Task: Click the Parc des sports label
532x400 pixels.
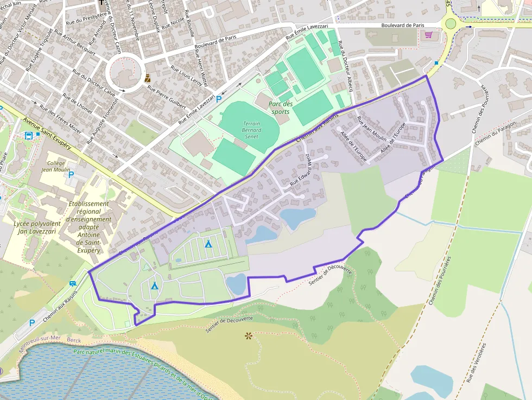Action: coord(281,107)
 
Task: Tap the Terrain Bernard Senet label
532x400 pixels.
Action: coord(251,130)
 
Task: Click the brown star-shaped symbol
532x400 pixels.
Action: coord(249,336)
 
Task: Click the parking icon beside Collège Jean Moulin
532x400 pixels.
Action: coord(71,175)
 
